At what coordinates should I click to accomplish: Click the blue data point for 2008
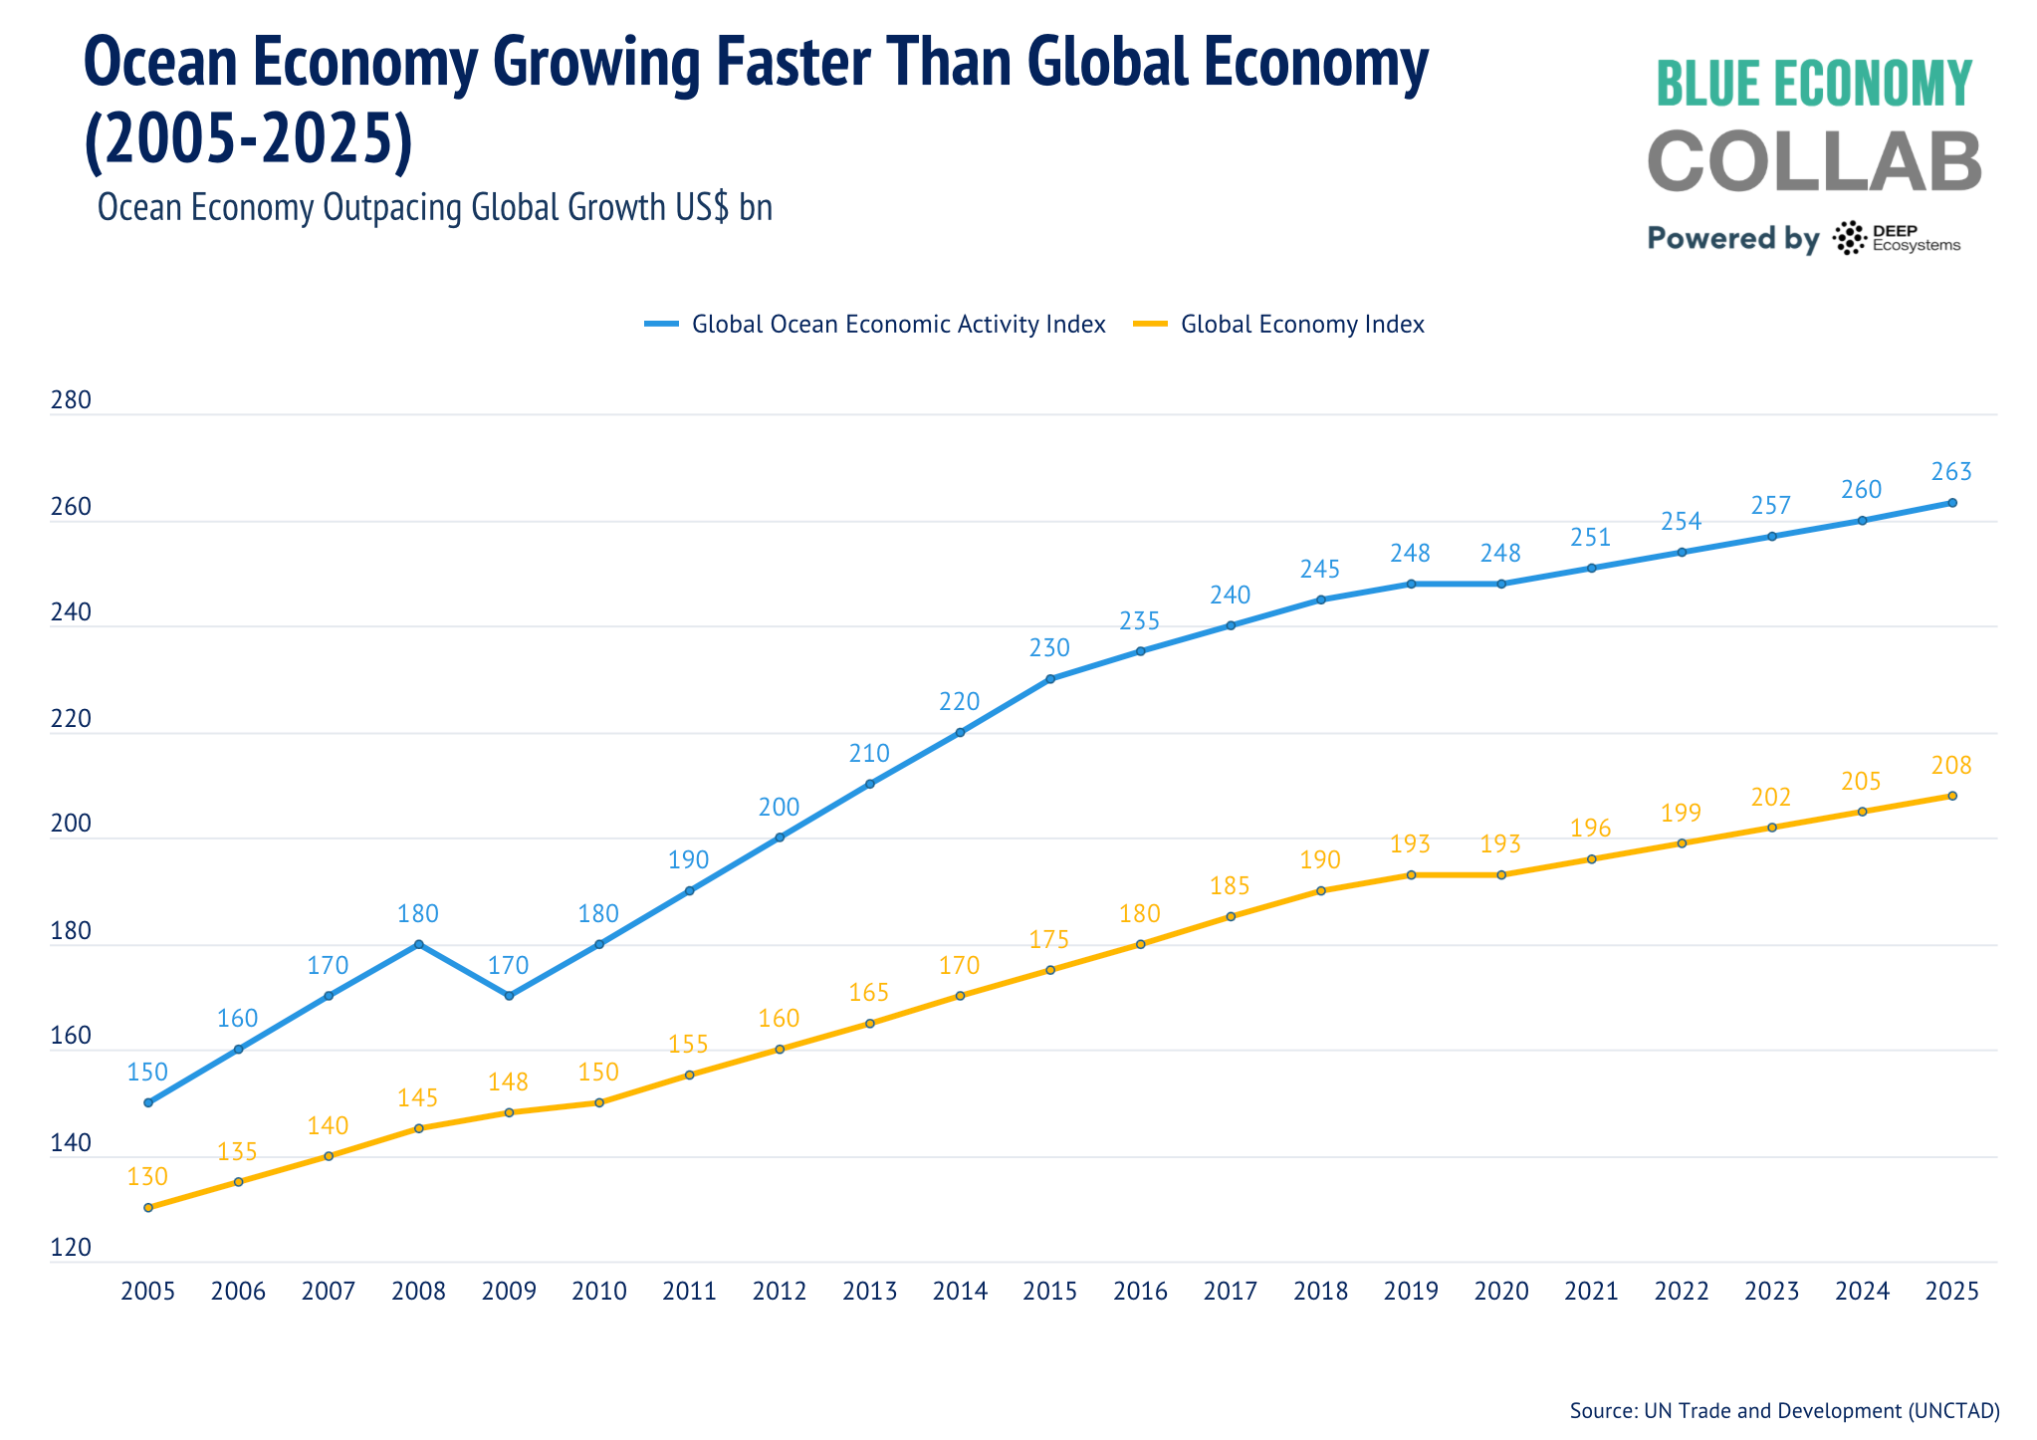click(418, 944)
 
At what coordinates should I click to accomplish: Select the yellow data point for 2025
click(1951, 796)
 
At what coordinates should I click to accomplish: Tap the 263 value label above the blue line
click(1951, 471)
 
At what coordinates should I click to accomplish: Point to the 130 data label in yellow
click(147, 1176)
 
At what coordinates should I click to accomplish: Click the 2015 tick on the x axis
click(1049, 1291)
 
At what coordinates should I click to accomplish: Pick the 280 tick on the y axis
click(70, 400)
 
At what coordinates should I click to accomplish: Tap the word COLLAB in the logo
click(1813, 161)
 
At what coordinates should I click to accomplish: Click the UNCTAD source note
click(1783, 1410)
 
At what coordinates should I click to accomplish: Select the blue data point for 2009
click(509, 996)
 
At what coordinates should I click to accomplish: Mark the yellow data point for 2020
click(1501, 875)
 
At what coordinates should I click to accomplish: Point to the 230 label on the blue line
click(1049, 648)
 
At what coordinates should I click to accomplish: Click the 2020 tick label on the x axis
click(1501, 1291)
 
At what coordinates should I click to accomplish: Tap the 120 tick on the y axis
click(70, 1247)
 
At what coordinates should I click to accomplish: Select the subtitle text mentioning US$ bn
click(434, 207)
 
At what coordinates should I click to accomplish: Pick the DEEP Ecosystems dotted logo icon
click(1849, 238)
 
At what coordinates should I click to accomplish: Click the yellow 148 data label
click(508, 1081)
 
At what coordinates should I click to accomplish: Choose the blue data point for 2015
click(1050, 679)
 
